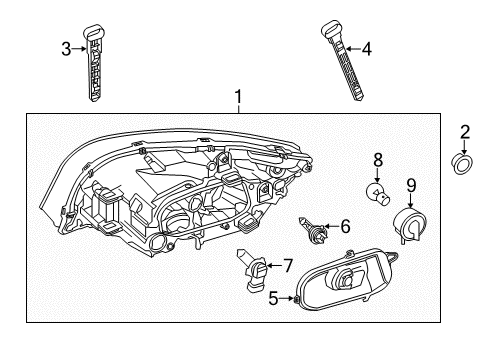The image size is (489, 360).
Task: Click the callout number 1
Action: (x=237, y=98)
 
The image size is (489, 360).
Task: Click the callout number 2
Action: (x=465, y=132)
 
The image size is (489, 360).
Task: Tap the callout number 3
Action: (x=66, y=47)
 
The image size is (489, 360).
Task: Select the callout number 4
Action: (x=366, y=47)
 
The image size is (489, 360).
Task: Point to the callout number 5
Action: (x=273, y=298)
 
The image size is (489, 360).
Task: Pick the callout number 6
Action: (x=345, y=227)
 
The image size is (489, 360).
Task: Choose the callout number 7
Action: (x=288, y=265)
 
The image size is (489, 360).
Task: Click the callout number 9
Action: (x=411, y=184)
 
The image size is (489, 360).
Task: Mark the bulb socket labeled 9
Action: (x=410, y=224)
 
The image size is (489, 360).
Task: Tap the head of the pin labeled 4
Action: (x=331, y=29)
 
